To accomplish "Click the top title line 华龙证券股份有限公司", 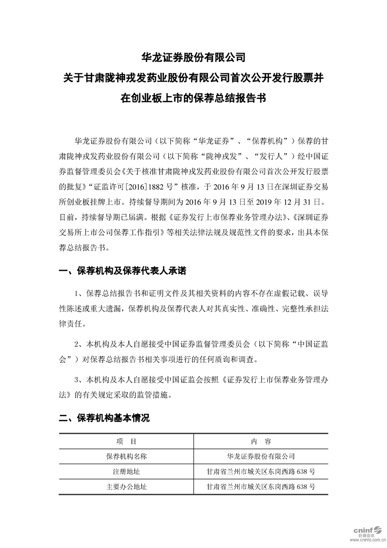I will (x=193, y=57).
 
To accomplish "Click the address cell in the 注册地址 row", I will (x=261, y=472).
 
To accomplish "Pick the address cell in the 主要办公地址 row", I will (x=261, y=487).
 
